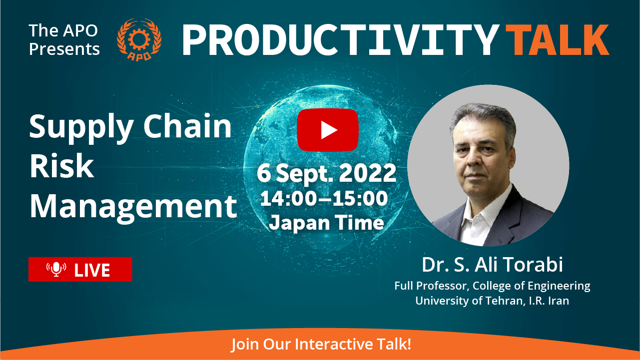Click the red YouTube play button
(328, 130)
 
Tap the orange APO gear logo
(139, 39)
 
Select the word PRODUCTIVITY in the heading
(341, 39)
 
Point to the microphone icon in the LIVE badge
(56, 269)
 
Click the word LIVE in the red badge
(92, 270)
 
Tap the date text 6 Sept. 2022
(326, 174)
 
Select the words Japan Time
(326, 223)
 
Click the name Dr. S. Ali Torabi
(492, 264)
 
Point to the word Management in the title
(133, 207)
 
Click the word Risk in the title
(62, 166)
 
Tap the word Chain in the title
(187, 126)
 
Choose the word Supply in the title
(81, 128)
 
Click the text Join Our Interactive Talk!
(321, 344)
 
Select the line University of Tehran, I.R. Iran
(492, 301)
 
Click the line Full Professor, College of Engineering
(492, 286)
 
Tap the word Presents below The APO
(64, 49)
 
